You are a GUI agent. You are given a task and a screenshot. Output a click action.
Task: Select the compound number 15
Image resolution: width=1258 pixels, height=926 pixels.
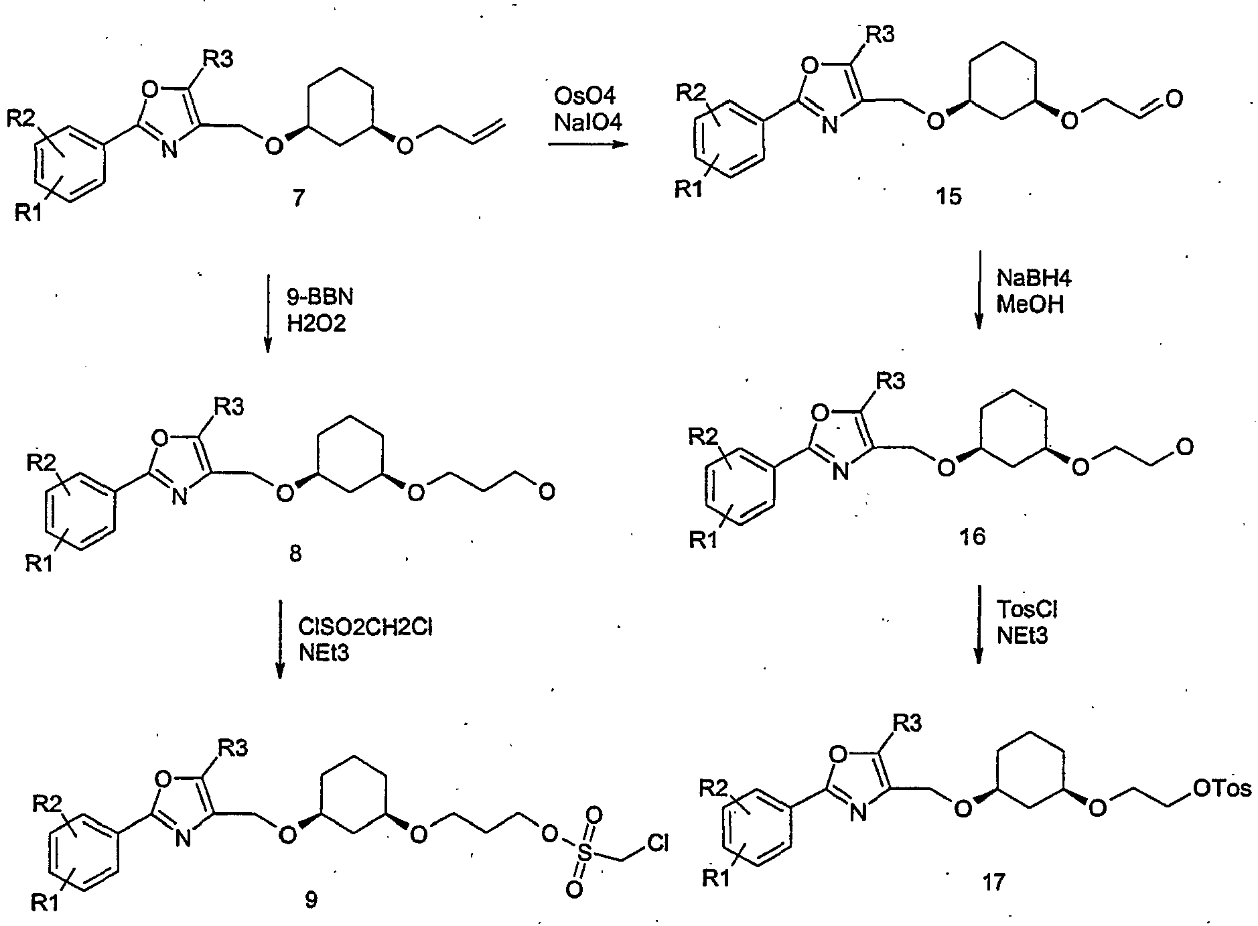point(950,196)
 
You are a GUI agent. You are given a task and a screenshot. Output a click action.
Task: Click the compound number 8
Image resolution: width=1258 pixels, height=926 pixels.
point(295,553)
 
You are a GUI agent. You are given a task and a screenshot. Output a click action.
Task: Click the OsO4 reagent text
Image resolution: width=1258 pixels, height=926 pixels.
point(589,97)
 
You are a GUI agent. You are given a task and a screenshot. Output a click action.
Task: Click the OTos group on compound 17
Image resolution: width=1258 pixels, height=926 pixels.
point(1222,788)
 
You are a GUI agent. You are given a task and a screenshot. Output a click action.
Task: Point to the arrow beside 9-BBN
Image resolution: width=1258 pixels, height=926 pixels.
point(268,312)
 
